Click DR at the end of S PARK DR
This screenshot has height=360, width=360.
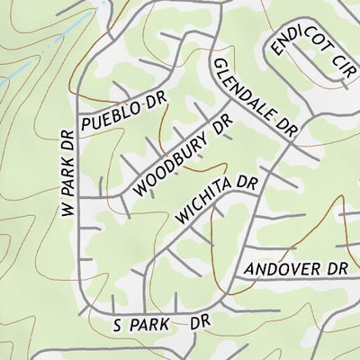tap(200, 320)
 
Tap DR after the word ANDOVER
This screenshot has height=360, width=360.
tap(336, 268)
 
